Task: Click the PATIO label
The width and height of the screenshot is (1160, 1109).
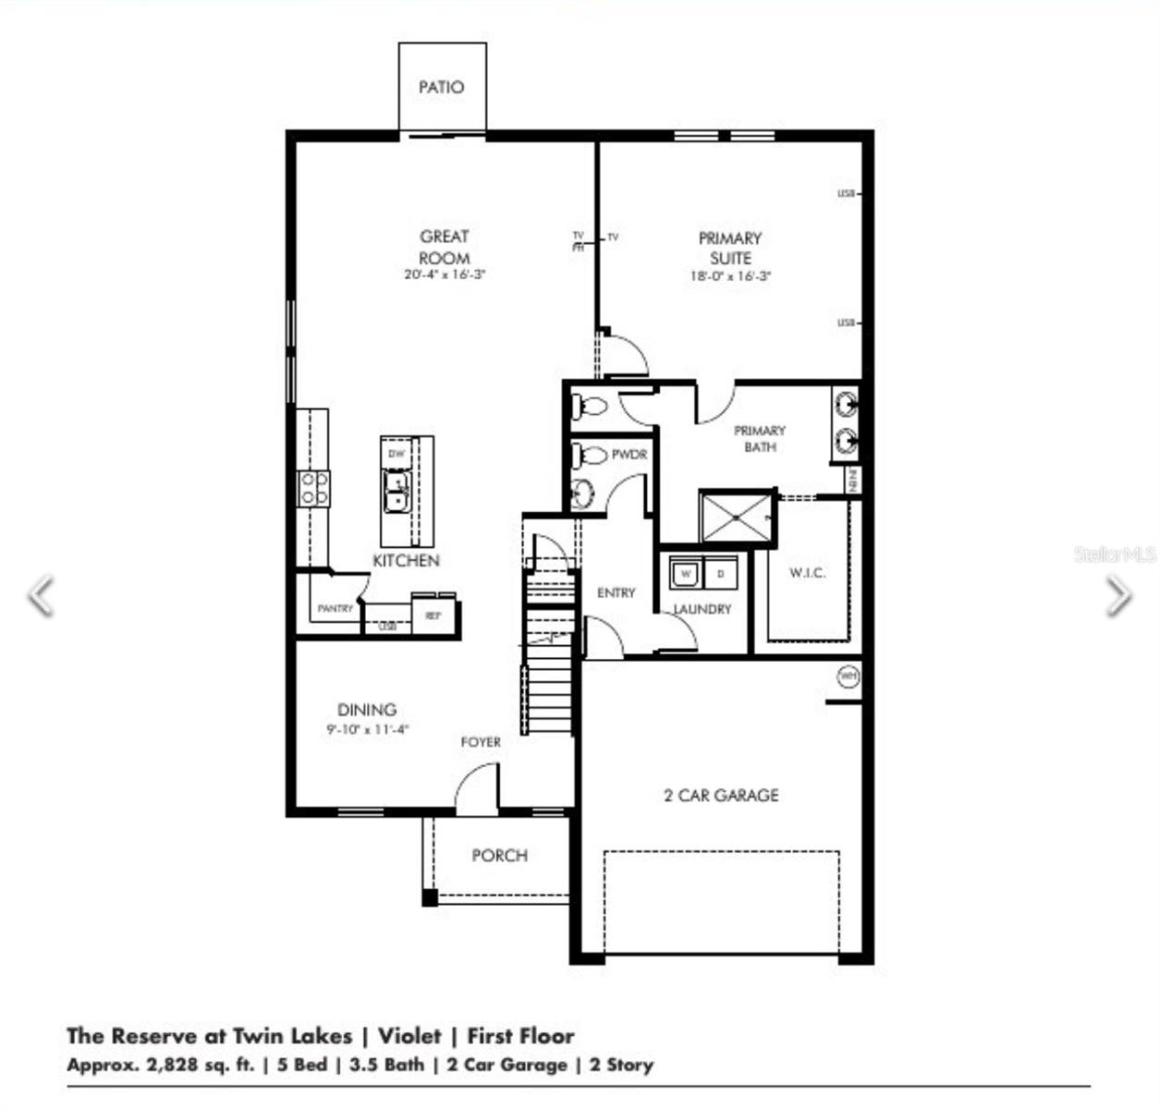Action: point(441,88)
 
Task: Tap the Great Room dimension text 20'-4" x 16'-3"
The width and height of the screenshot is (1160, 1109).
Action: point(445,275)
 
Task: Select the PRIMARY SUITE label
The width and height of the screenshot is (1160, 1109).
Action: point(730,248)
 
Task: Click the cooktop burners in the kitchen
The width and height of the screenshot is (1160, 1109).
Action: point(313,488)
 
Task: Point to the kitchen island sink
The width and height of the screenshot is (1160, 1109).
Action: point(398,491)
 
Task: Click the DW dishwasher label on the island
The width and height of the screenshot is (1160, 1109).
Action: point(397,454)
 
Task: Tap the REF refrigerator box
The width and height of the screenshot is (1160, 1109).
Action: point(433,615)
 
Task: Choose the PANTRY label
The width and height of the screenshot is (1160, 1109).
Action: point(335,609)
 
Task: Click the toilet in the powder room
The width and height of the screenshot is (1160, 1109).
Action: point(588,455)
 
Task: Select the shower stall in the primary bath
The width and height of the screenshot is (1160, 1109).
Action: point(736,518)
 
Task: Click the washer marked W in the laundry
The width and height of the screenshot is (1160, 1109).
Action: point(686,574)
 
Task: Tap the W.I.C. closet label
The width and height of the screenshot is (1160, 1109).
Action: point(807,573)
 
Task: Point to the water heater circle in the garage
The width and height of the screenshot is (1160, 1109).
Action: point(848,676)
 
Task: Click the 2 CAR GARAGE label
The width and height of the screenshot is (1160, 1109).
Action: point(721,796)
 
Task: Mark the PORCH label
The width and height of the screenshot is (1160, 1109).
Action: point(499,856)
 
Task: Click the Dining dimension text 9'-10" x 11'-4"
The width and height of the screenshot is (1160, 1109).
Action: point(368,729)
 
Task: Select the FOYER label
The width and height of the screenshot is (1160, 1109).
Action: point(481,742)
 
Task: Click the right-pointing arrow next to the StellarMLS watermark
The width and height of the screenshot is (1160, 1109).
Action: point(1117,595)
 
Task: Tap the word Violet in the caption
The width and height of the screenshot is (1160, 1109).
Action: point(409,1036)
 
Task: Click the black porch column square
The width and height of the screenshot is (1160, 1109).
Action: point(429,896)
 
